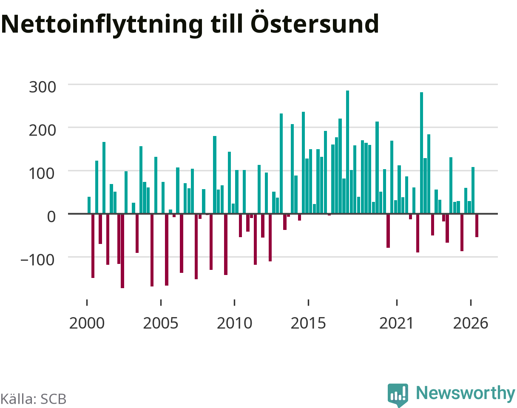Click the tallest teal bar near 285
(x=347, y=152)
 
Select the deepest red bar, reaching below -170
(x=122, y=251)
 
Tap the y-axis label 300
(x=42, y=87)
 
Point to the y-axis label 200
(x=42, y=130)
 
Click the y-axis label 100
(x=42, y=173)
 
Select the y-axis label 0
(x=51, y=217)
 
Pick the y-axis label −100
(x=38, y=260)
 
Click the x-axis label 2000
(x=87, y=323)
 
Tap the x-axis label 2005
(x=161, y=323)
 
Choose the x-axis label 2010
(x=234, y=323)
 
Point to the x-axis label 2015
(x=308, y=323)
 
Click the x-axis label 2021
(x=396, y=323)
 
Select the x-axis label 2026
(x=470, y=323)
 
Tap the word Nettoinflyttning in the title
(x=102, y=25)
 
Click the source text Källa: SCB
(x=34, y=399)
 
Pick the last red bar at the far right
(x=477, y=226)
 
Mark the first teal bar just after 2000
(x=89, y=205)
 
